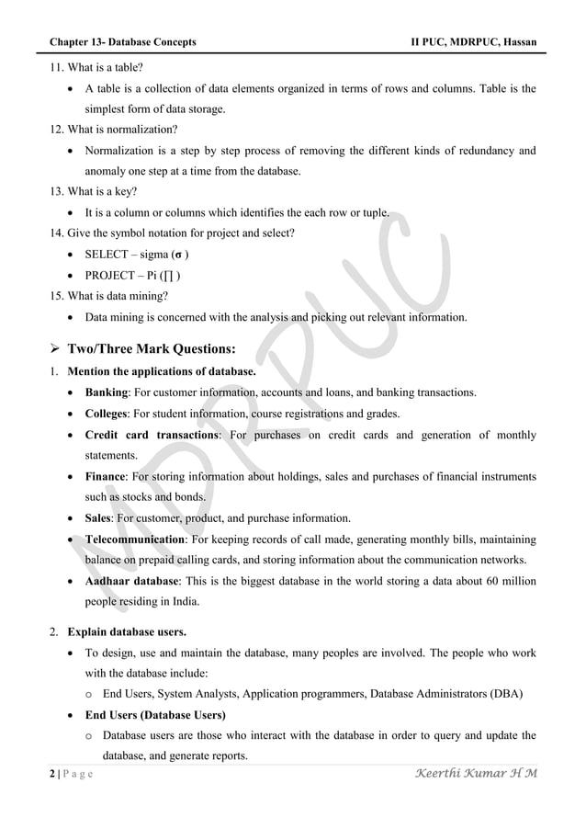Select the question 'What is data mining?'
(107, 296)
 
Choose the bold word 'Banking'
(107, 392)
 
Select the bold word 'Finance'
(105, 476)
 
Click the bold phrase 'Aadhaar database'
(133, 582)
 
